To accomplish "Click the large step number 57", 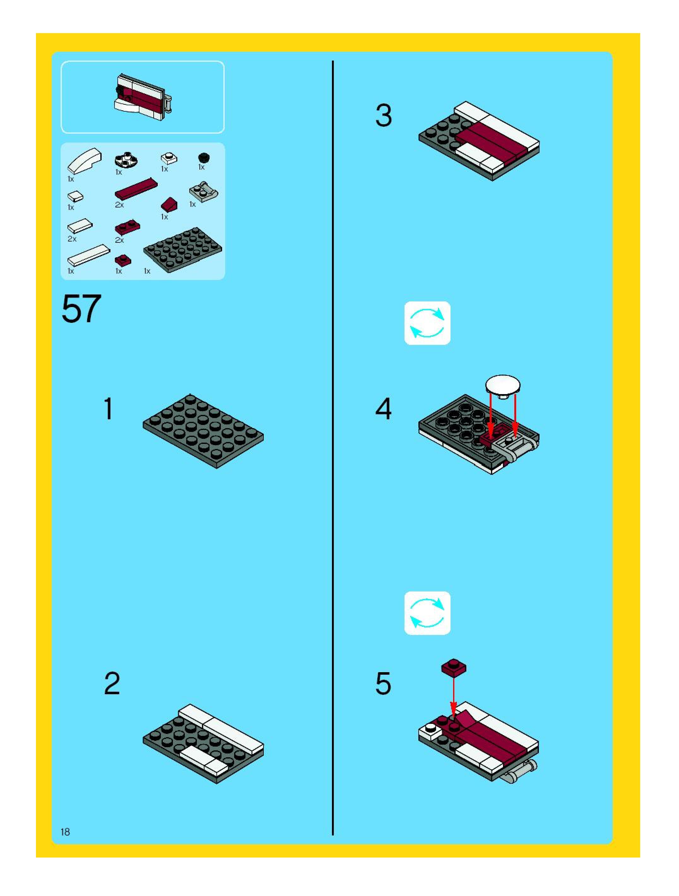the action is pos(81,309).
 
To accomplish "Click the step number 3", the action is pos(383,115).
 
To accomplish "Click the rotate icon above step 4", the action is pos(427,323).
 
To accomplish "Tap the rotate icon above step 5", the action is pos(427,613).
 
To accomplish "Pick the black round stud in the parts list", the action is pos(204,158).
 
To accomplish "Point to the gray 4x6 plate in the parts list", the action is pos(182,249).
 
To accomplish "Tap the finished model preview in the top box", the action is pos(143,98).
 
